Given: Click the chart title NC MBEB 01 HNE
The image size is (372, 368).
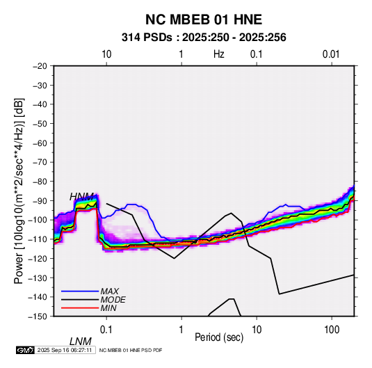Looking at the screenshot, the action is [204, 19].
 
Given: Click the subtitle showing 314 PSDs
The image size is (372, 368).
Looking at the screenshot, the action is [204, 38].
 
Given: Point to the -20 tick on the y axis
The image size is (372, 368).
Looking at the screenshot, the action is [40, 66].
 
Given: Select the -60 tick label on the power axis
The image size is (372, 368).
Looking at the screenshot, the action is [40, 143].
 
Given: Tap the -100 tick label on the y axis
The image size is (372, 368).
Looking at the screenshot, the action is [38, 220].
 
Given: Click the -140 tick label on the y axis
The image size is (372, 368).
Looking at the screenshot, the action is [38, 297].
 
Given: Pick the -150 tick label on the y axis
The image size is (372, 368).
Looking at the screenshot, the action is [38, 317].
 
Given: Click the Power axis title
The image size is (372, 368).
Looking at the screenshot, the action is [19, 191].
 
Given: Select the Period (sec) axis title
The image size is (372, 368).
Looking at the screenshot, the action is [219, 337].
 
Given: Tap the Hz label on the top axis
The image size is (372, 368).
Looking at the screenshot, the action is [219, 54].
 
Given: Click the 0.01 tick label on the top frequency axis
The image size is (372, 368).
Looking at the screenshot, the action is [331, 54].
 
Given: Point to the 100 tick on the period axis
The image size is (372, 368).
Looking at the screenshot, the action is [332, 330].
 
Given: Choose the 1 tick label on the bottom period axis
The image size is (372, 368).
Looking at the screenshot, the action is [181, 330].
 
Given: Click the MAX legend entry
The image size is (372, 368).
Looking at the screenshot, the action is [110, 291].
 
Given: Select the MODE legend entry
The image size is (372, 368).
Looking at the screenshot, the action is [113, 300].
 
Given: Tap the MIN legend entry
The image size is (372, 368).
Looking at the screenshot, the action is [108, 308].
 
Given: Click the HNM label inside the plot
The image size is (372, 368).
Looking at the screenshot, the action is [81, 197].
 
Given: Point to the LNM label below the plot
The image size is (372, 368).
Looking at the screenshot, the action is [81, 342].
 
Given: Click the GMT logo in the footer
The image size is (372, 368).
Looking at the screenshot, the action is [26, 350].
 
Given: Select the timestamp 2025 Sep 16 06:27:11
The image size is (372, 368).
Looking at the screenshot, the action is [65, 350].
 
